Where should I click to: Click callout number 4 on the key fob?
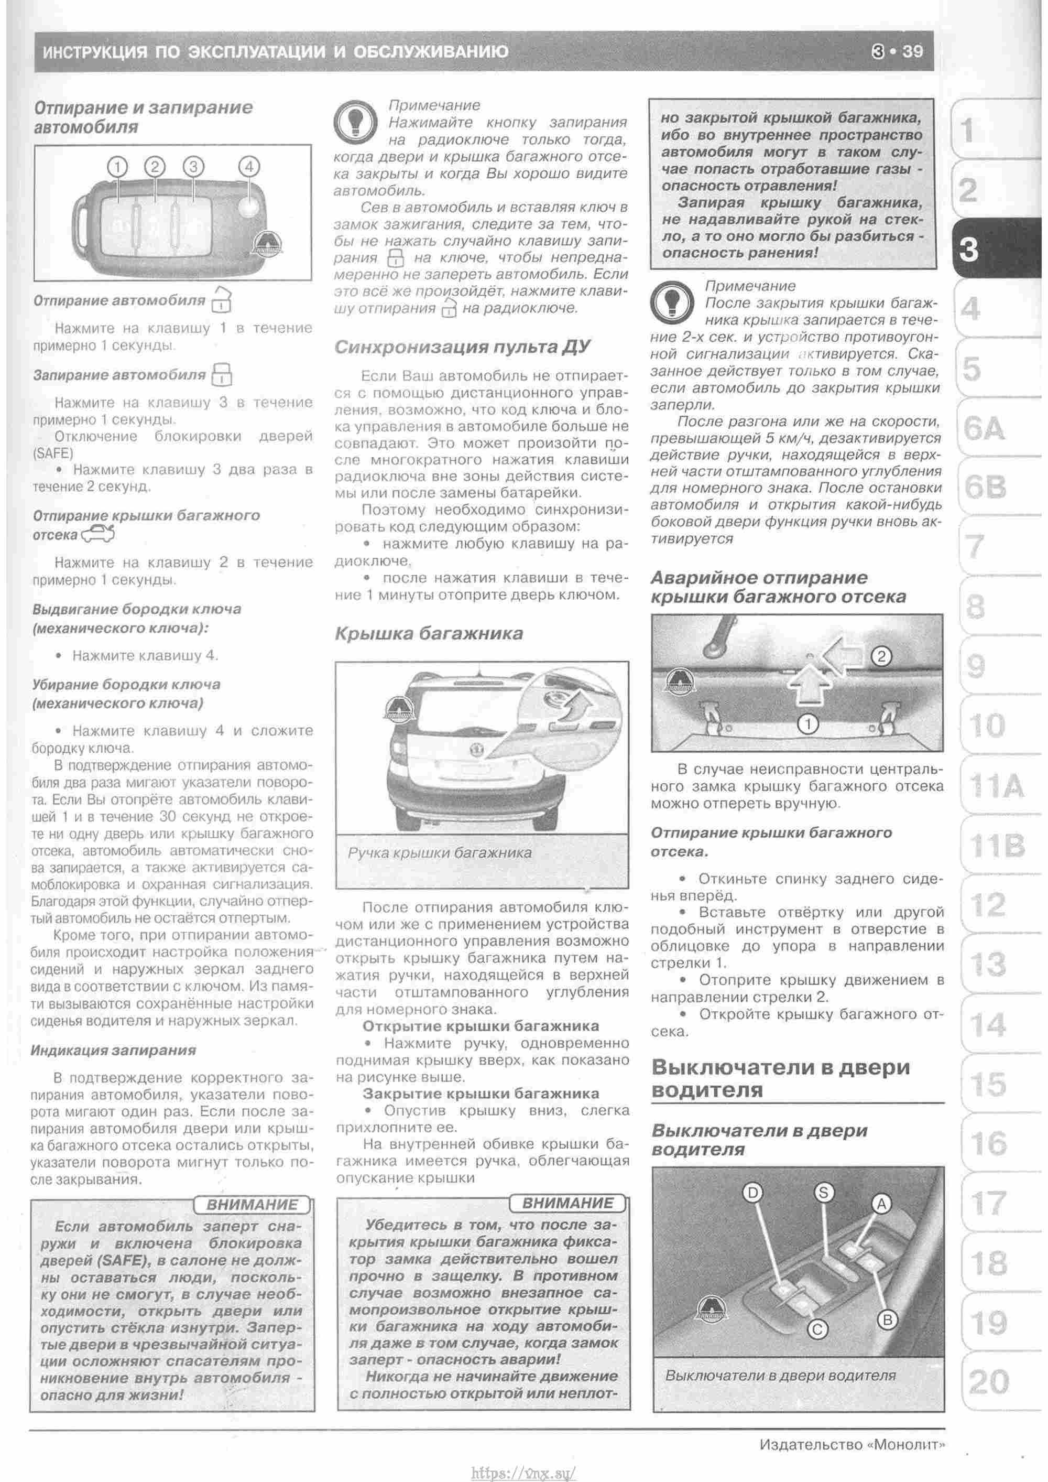(248, 167)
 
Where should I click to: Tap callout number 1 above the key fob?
(117, 167)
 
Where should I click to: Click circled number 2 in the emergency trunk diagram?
(881, 657)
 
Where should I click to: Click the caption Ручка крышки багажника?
(440, 853)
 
